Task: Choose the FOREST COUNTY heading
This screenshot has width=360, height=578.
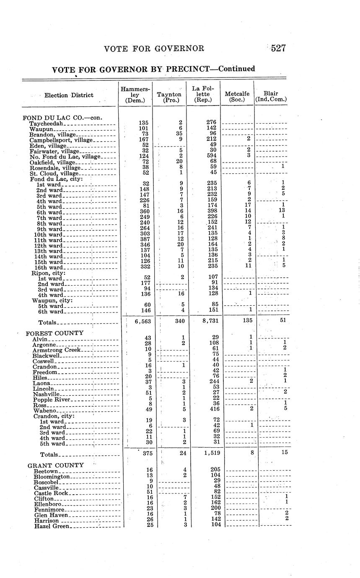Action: [54, 333]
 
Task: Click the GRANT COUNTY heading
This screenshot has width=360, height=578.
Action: [56, 465]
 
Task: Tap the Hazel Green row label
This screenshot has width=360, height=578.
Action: [52, 526]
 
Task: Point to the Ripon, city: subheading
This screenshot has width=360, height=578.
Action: [48, 273]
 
